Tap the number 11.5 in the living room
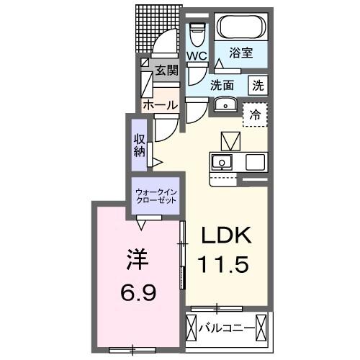pos(225,264)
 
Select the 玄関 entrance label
pos(166,71)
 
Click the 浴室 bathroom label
pos(240,53)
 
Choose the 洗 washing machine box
pos(257,84)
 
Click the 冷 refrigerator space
pos(254,114)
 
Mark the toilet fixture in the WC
pos(197,33)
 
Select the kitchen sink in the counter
pos(222,161)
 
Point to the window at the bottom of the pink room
pos(132,350)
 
